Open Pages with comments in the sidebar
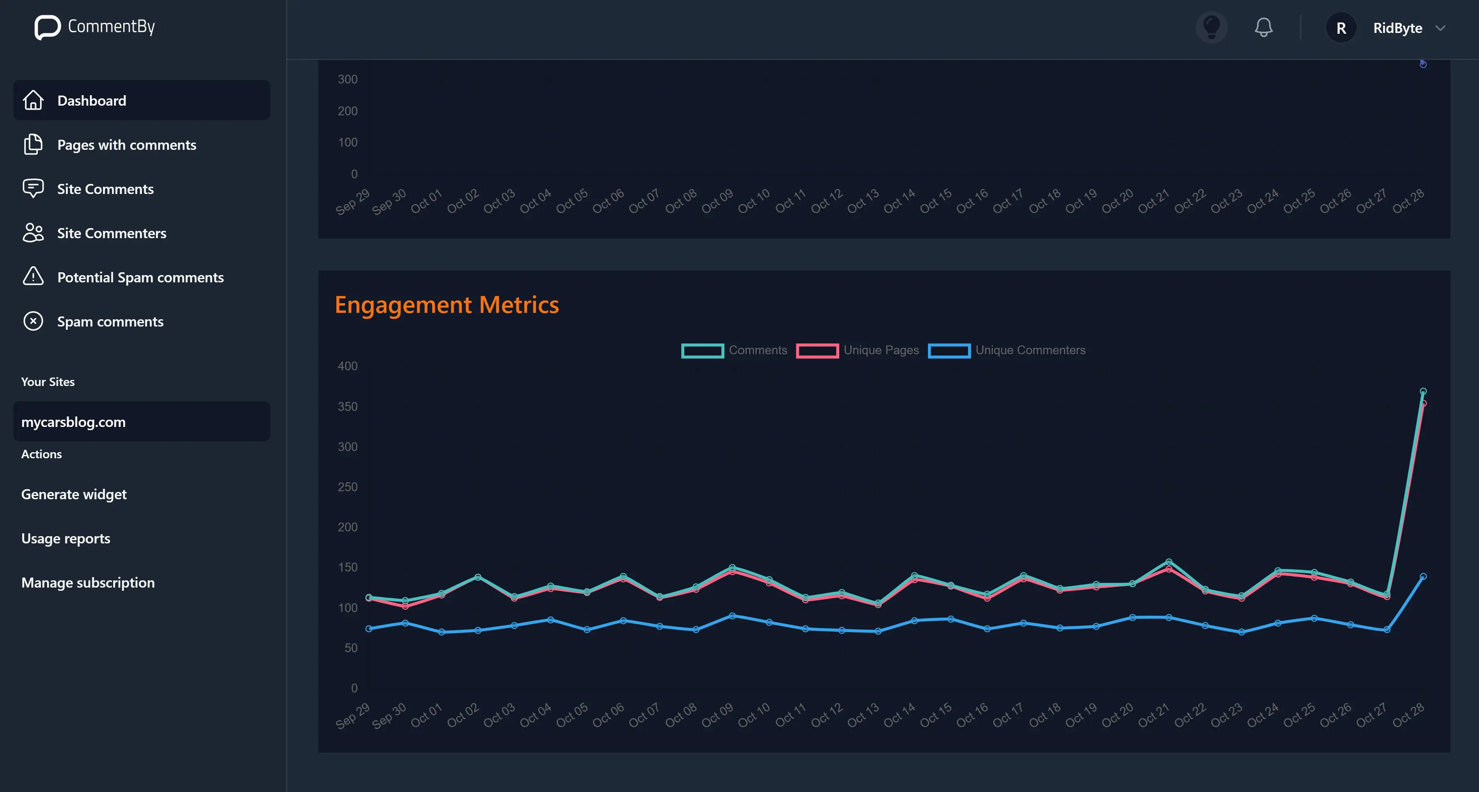pos(126,145)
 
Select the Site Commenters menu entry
pos(112,233)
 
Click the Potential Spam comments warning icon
pos(33,277)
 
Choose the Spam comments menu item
pos(110,322)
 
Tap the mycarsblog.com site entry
pos(73,422)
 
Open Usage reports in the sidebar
pos(65,539)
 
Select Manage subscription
pos(88,583)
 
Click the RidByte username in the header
pos(1398,28)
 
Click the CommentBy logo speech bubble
pos(47,27)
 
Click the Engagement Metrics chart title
pos(447,305)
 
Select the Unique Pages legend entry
pos(858,350)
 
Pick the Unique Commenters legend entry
pos(1007,350)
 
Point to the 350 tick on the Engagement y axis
pos(347,406)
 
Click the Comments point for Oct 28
pos(1423,392)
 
